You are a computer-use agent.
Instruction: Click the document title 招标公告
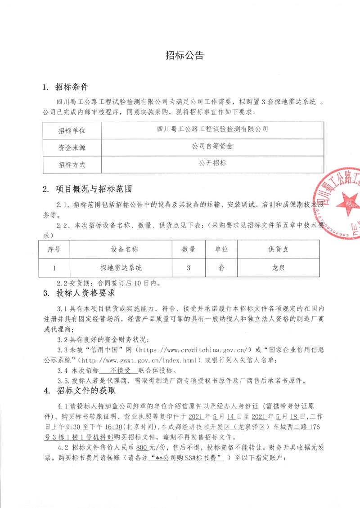click(x=184, y=56)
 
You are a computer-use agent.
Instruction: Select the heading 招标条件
click(x=72, y=87)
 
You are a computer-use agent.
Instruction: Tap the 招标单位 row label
click(x=72, y=131)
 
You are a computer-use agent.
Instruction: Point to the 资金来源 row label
click(x=72, y=147)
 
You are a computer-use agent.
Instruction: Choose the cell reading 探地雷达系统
click(x=121, y=267)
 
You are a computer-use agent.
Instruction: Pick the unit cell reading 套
click(x=221, y=267)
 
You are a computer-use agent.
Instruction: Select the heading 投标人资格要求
click(x=85, y=294)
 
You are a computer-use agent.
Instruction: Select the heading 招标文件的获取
click(x=85, y=391)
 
